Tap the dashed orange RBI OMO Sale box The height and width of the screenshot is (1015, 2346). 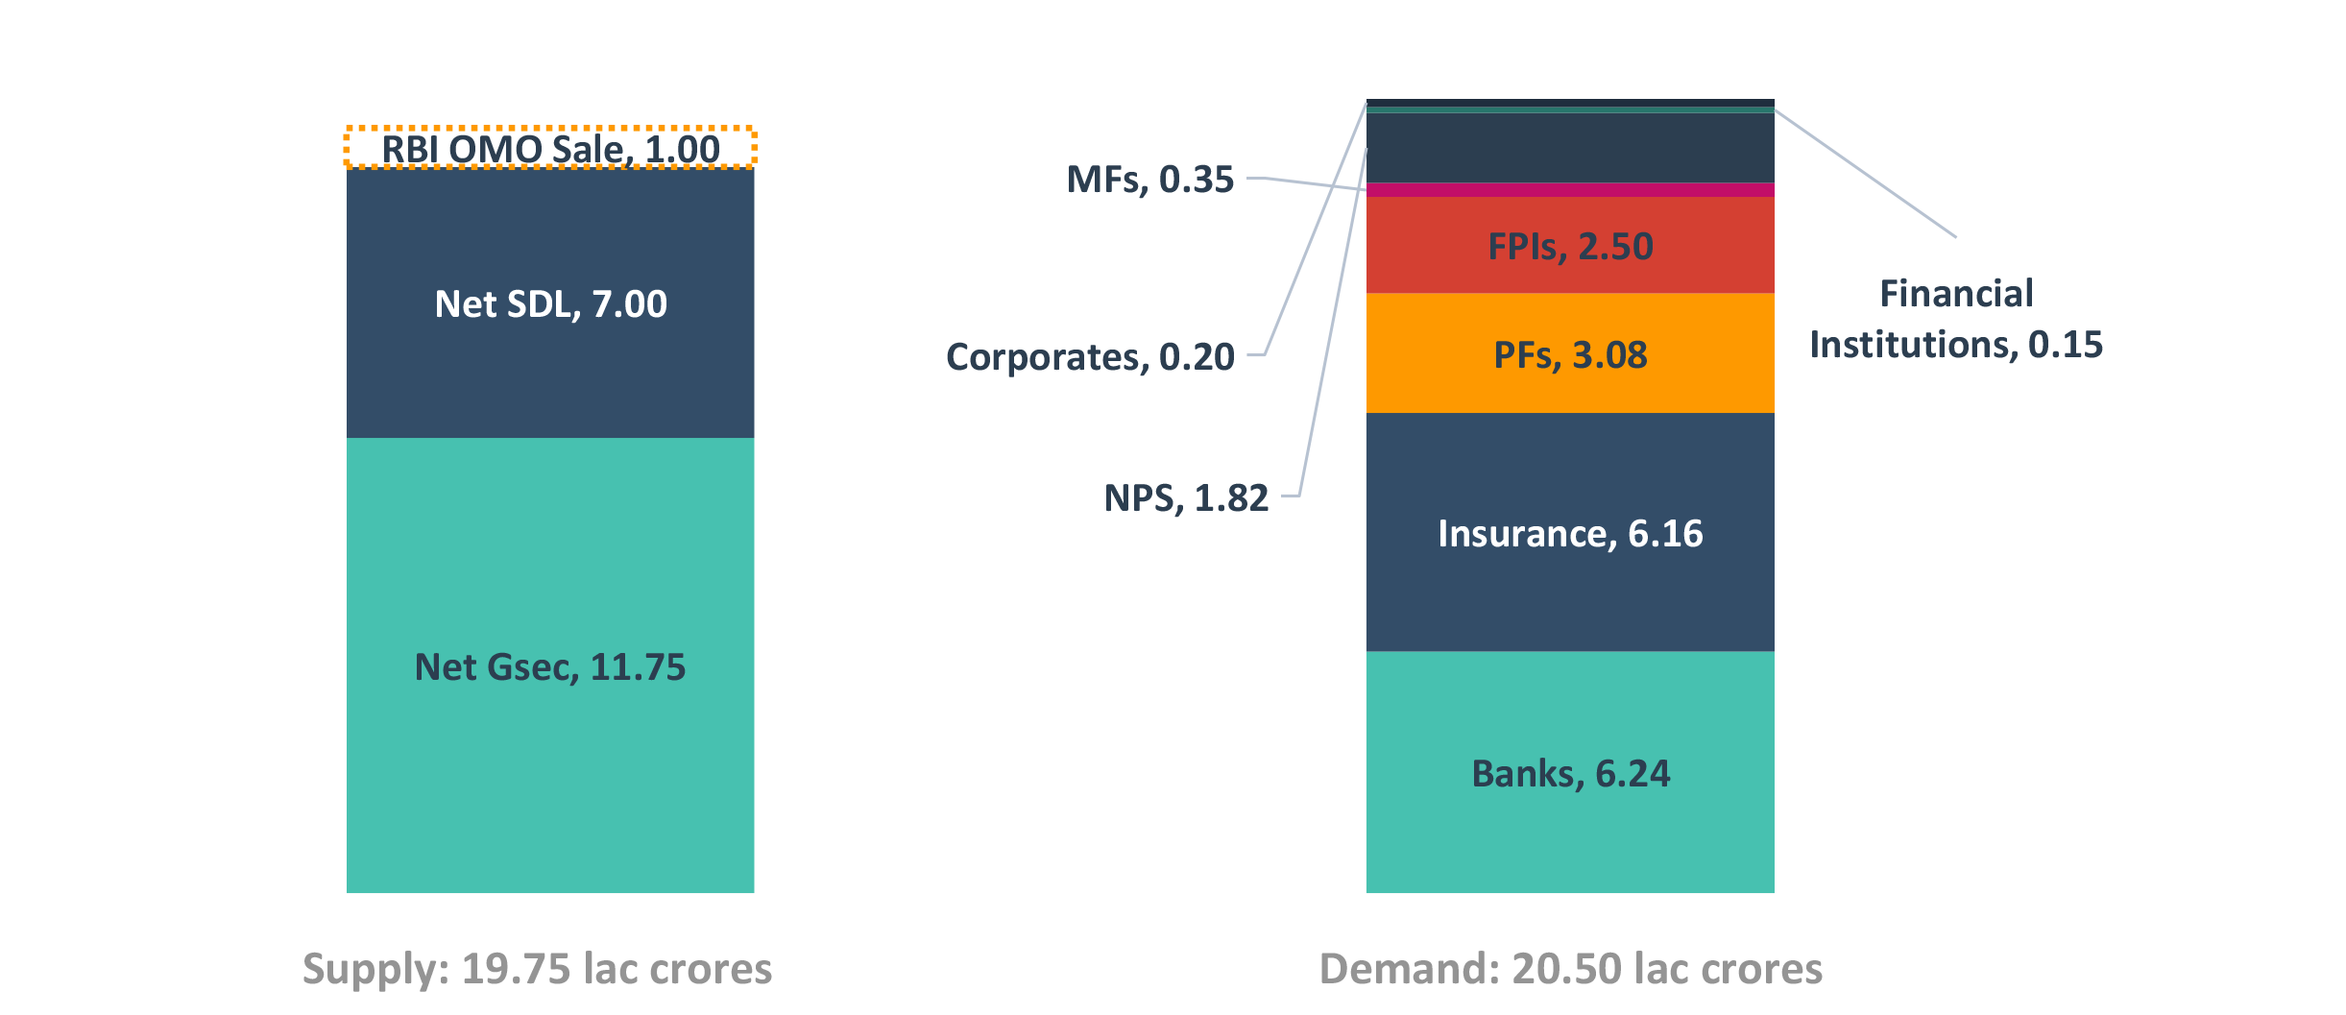[550, 148]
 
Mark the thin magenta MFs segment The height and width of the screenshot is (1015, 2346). [1570, 190]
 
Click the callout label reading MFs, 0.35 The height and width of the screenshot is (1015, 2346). [1149, 180]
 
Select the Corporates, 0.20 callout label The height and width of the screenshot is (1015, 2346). [1090, 357]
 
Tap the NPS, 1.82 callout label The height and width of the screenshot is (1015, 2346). [1186, 498]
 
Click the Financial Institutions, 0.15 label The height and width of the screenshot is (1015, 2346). [1956, 319]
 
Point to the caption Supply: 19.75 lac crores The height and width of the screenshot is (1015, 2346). [537, 969]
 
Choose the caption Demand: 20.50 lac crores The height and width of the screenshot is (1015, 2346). [1571, 969]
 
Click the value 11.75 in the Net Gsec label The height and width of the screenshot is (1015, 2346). [638, 667]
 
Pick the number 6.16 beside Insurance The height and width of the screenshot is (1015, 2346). [1665, 534]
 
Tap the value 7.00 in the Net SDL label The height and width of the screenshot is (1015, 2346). [629, 304]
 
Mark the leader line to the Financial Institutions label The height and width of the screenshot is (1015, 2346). [1863, 173]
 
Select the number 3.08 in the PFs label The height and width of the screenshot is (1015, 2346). [1609, 355]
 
